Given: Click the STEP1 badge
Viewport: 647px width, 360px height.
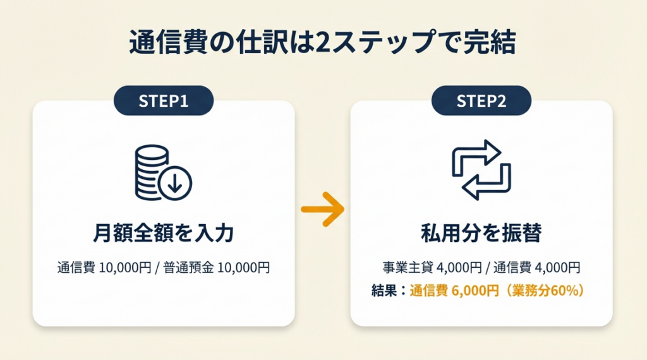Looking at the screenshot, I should tap(163, 100).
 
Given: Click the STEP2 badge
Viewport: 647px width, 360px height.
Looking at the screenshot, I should tap(481, 100).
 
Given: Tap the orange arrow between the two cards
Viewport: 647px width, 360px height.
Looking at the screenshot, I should tap(322, 209).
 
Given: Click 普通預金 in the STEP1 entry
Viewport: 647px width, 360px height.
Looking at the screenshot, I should tap(188, 268).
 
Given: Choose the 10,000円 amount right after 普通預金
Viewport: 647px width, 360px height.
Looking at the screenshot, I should tap(243, 268).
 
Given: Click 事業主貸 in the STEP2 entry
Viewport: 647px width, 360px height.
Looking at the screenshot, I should tap(403, 267).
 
